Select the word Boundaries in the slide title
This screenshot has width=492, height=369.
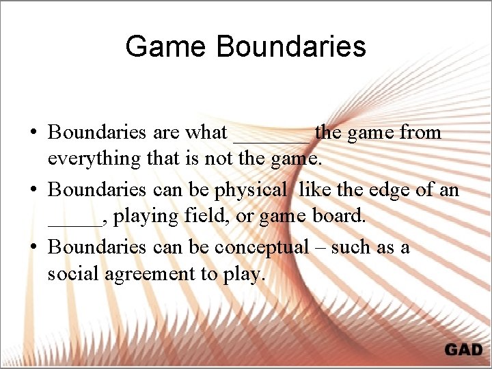point(292,46)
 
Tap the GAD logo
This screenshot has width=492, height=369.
point(463,350)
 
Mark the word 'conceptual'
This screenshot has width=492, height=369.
point(262,247)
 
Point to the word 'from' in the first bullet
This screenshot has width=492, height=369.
point(420,132)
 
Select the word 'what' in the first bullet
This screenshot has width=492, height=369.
point(206,132)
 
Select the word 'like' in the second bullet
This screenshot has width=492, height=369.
point(312,189)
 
